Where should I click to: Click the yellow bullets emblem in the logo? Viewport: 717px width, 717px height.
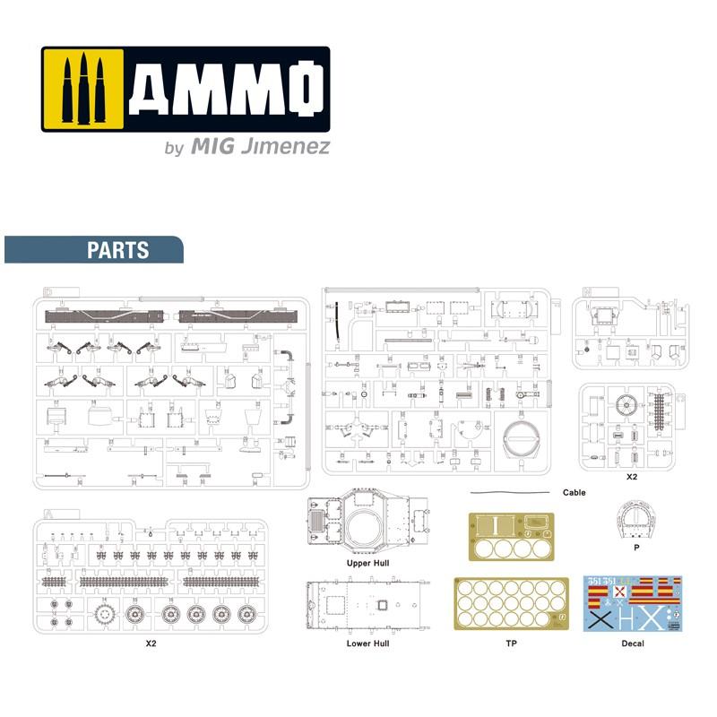pos(83,89)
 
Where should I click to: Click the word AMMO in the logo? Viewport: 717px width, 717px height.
pos(223,90)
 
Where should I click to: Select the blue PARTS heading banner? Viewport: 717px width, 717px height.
pos(94,250)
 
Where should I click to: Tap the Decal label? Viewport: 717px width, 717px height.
pos(631,644)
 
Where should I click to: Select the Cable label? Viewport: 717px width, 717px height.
pos(574,493)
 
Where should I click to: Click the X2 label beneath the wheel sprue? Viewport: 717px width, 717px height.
pos(151,644)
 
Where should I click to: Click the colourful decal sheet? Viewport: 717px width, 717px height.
pos(631,604)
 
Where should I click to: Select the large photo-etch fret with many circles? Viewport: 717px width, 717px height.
pos(512,604)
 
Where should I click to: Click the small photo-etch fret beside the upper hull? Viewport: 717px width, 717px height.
pos(512,536)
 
